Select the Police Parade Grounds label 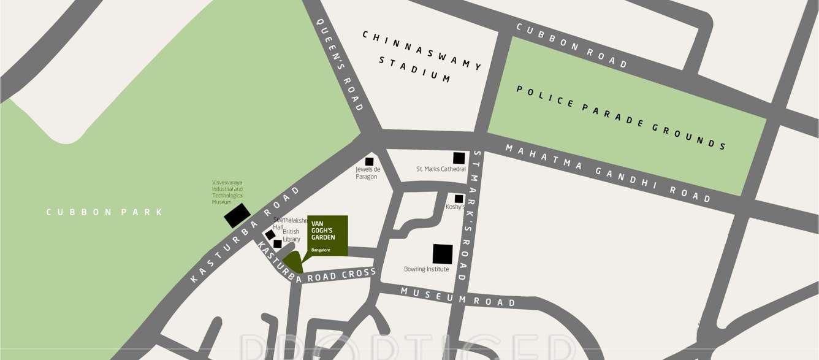click(620, 117)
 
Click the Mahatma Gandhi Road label click(607, 173)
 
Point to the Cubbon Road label click(571, 45)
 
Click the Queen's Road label click(340, 64)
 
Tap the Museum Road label click(458, 297)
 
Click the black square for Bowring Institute click(443, 254)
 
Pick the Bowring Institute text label click(426, 269)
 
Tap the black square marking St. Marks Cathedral click(459, 158)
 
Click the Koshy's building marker click(459, 199)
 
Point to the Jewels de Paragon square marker click(369, 161)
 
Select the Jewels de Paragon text click(368, 173)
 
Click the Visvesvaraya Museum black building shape click(237, 215)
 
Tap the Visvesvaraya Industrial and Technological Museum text click(227, 192)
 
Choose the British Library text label click(291, 235)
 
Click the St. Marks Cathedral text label click(440, 169)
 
